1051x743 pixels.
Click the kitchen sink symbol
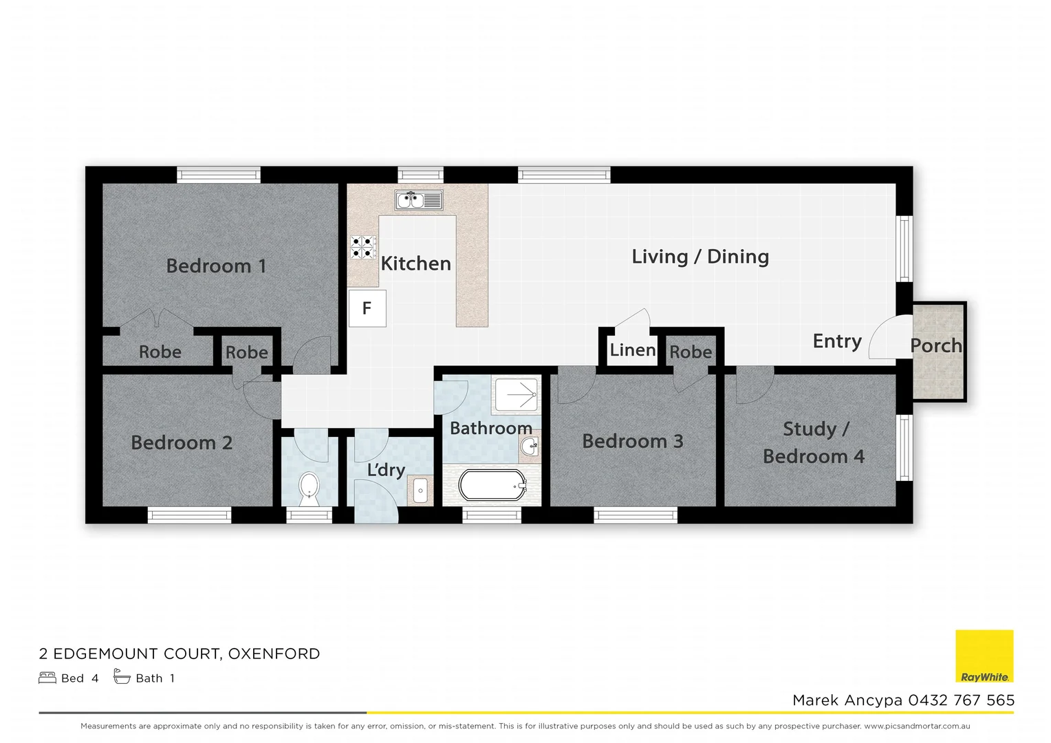coord(419,200)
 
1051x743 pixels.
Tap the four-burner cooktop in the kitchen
coord(363,247)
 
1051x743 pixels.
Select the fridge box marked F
coord(367,308)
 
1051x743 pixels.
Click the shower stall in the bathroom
coord(516,395)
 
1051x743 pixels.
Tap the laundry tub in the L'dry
coord(420,491)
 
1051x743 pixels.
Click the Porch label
coord(935,345)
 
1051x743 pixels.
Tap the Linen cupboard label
coord(632,349)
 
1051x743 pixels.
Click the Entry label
coord(836,341)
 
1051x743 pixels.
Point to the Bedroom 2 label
coord(182,442)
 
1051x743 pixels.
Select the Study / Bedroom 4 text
coord(814,442)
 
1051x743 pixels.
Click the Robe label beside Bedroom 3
coord(691,352)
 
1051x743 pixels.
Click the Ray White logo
coord(984,656)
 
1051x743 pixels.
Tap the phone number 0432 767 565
coord(961,700)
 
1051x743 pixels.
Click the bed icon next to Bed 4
coord(47,678)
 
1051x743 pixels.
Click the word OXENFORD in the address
coord(274,654)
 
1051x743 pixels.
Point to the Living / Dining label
coord(700,257)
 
